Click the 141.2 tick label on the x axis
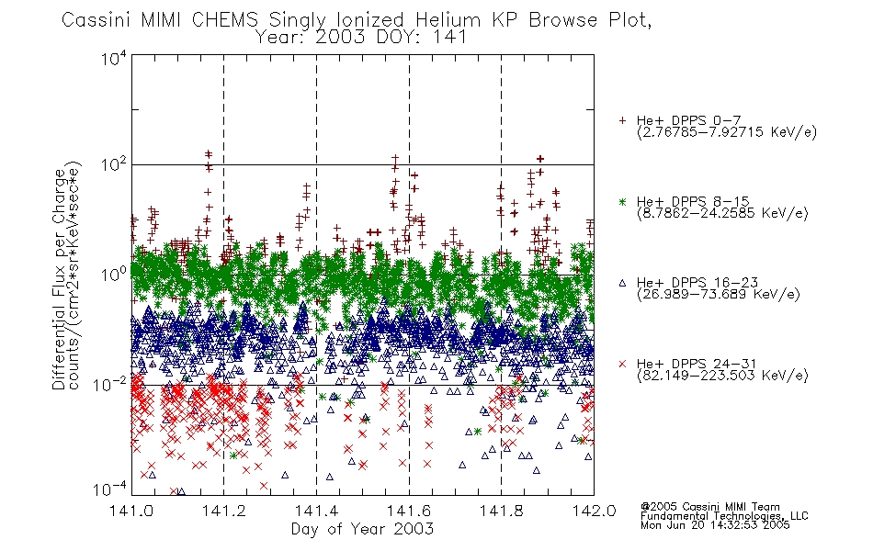pos(224,511)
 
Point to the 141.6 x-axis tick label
pos(409,511)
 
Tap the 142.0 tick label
pos(594,511)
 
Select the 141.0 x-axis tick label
pos(131,511)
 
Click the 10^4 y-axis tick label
pos(114,58)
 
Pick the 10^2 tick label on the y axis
pos(114,165)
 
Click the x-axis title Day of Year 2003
pos(362,528)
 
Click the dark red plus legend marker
pos(622,120)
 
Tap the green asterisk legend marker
pos(622,201)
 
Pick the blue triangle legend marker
pos(622,283)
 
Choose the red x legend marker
pos(622,364)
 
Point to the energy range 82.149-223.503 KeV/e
pos(722,376)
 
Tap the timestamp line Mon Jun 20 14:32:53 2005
pos(715,525)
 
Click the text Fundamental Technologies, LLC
pos(724,516)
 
